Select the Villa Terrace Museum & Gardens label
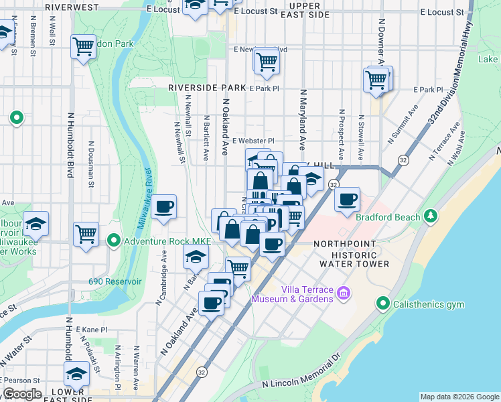click(292, 294)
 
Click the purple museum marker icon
click(344, 292)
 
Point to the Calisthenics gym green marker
click(383, 304)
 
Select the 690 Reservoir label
click(115, 281)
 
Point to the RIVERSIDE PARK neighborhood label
click(208, 88)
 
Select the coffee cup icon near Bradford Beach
click(347, 199)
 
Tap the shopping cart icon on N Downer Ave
click(376, 80)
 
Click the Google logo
click(21, 395)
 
